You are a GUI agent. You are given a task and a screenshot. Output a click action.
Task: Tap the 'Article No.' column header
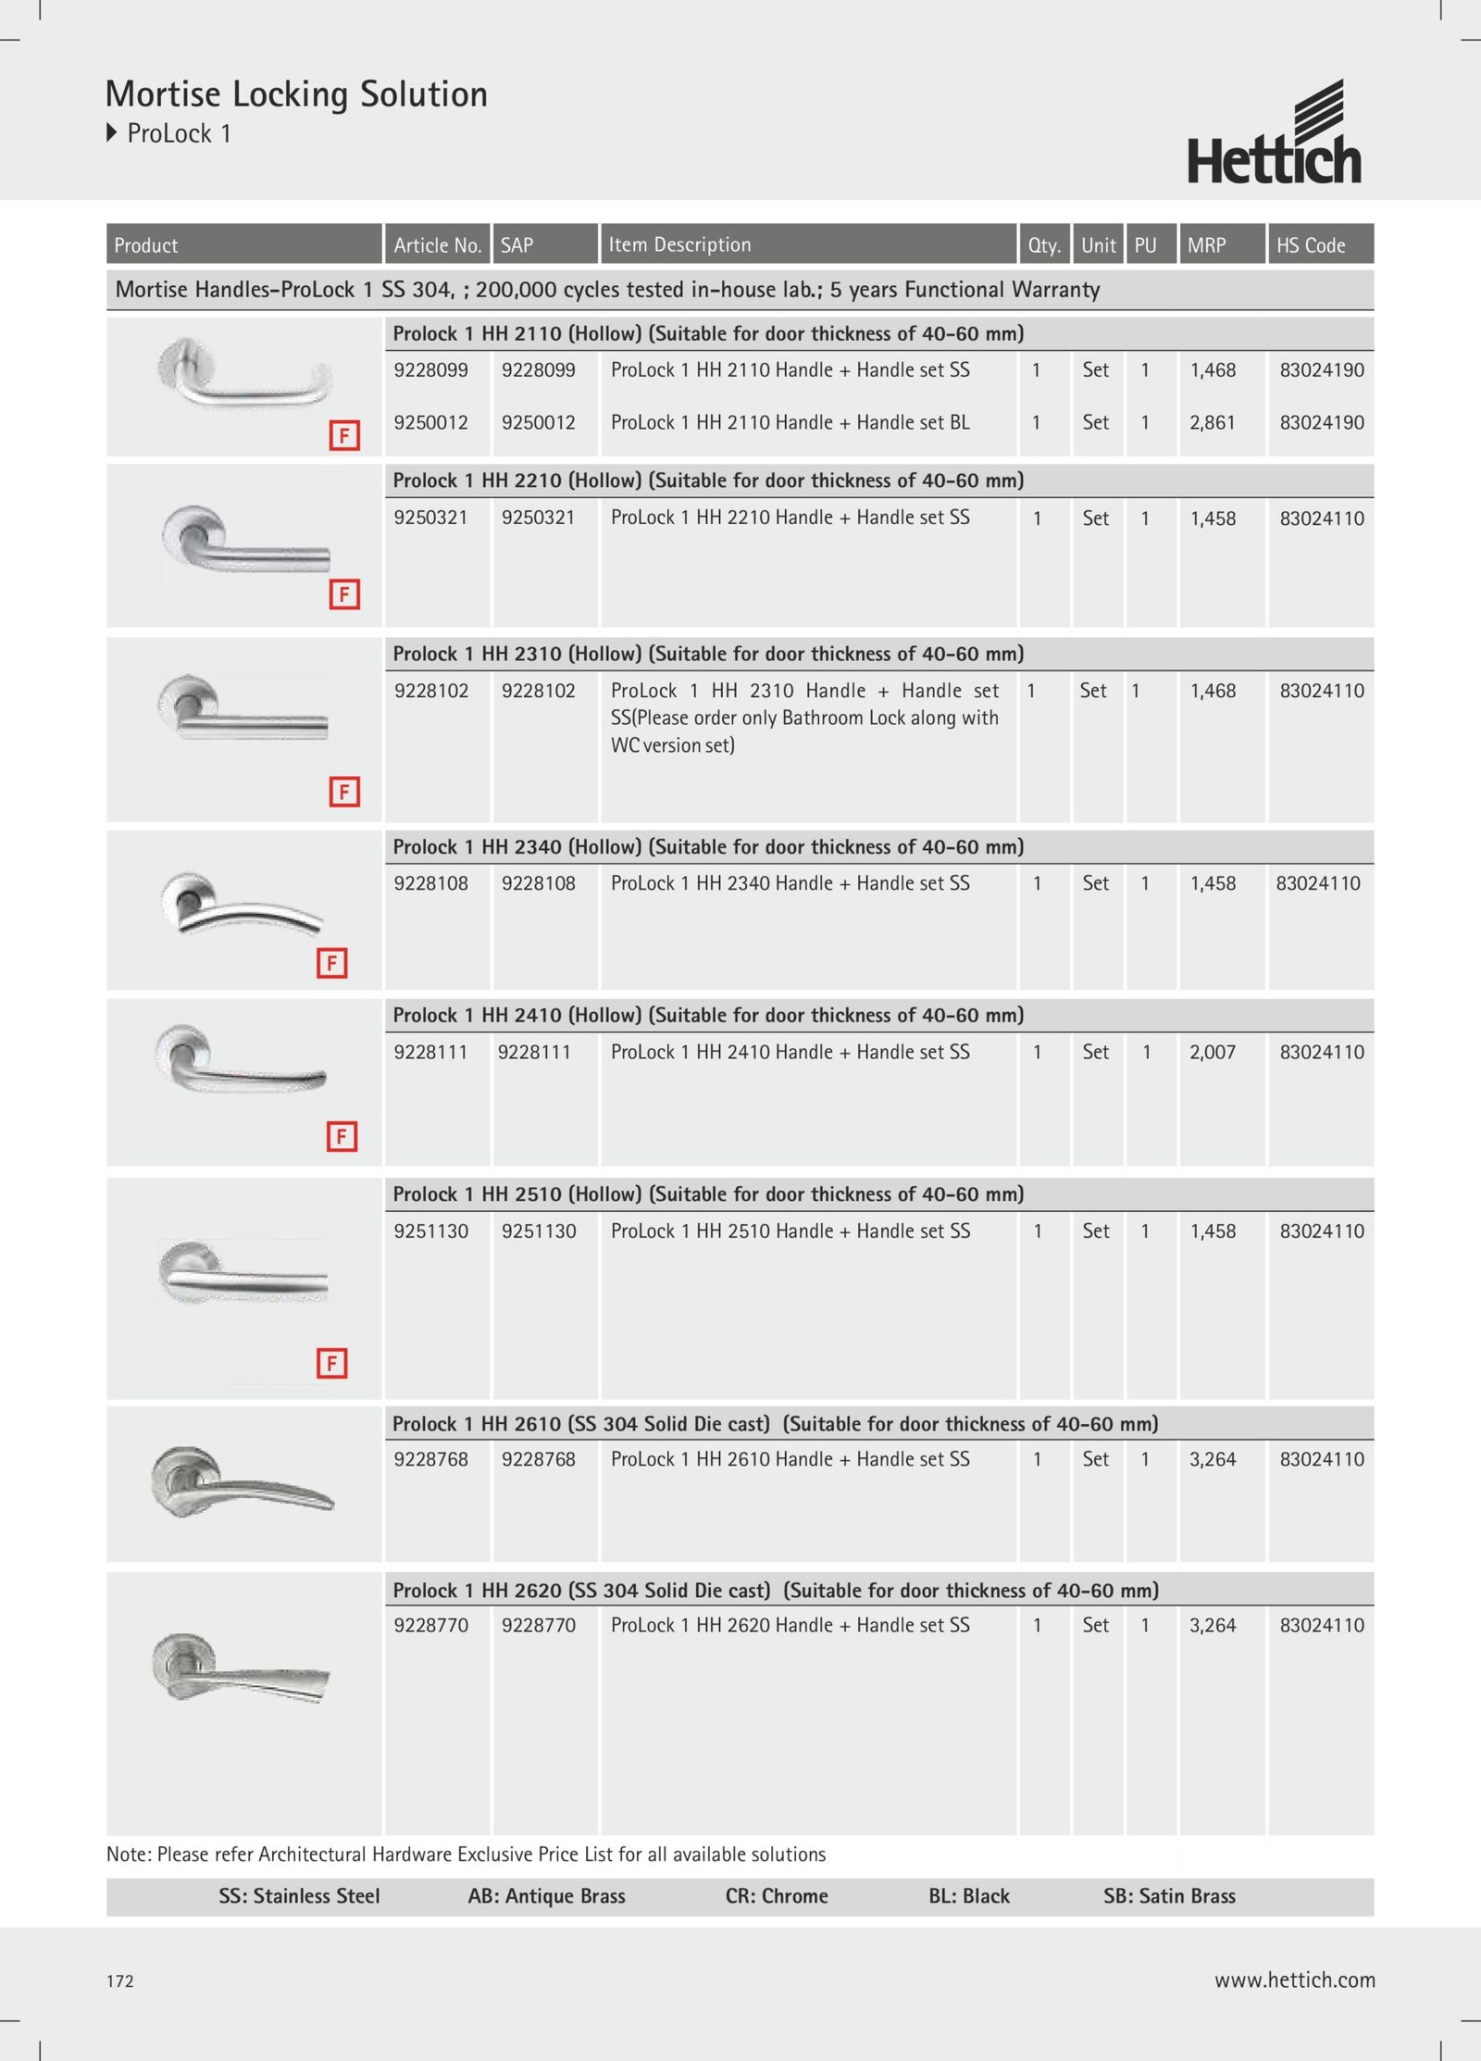[437, 245]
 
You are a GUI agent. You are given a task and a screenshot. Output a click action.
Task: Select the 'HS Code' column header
[1311, 245]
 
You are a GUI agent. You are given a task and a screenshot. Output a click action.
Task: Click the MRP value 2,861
[1212, 423]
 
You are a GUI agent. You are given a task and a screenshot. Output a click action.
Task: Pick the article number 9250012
[431, 423]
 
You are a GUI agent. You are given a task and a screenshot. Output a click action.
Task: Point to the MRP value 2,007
[1212, 1053]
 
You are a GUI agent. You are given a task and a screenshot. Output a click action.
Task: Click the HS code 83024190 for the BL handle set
[1322, 423]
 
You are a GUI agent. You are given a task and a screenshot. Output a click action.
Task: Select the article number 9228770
[431, 1626]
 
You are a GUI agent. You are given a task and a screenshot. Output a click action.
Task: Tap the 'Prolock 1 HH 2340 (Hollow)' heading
[708, 847]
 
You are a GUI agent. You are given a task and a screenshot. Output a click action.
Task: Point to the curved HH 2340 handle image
[241, 905]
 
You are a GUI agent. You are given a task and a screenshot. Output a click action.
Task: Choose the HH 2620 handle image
[241, 1668]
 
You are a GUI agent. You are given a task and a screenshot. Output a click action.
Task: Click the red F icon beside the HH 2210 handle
[344, 594]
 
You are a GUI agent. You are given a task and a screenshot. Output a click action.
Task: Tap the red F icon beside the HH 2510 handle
[331, 1363]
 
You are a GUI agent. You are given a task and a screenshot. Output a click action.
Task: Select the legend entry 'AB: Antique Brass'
[546, 1896]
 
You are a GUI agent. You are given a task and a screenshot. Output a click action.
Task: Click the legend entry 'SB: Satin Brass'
[1169, 1896]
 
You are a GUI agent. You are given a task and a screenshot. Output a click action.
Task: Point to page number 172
[120, 1981]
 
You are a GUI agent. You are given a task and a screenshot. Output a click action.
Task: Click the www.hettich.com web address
[1294, 1980]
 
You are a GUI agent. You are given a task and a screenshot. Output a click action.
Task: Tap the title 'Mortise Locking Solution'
[296, 94]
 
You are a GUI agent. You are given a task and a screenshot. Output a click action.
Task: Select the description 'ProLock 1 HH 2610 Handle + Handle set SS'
[790, 1460]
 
